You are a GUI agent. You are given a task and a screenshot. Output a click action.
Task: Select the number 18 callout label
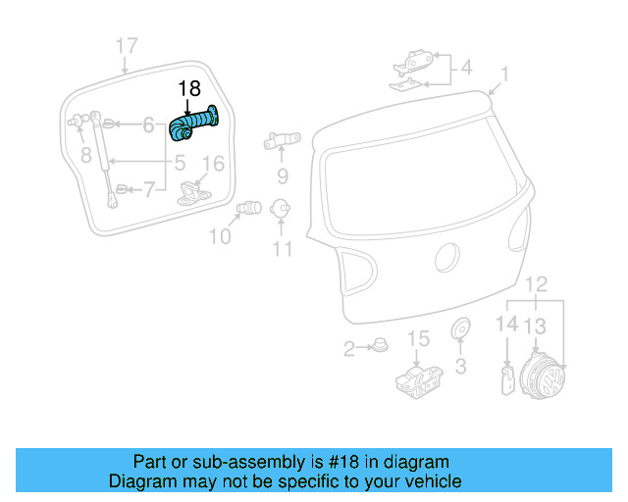[x=189, y=90]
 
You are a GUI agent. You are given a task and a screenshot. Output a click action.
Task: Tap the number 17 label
[x=127, y=46]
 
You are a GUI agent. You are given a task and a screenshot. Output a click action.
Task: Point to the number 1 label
[x=504, y=74]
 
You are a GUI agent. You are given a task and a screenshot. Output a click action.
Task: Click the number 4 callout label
[x=466, y=68]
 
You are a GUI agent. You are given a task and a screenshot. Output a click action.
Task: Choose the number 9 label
[x=283, y=177]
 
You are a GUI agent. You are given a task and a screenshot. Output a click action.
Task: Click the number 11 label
[x=283, y=249]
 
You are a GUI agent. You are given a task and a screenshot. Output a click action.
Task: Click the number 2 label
[x=348, y=349]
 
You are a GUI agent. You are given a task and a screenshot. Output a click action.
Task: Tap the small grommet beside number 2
[x=379, y=346]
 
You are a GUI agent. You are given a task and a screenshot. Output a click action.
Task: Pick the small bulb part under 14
[x=507, y=377]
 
